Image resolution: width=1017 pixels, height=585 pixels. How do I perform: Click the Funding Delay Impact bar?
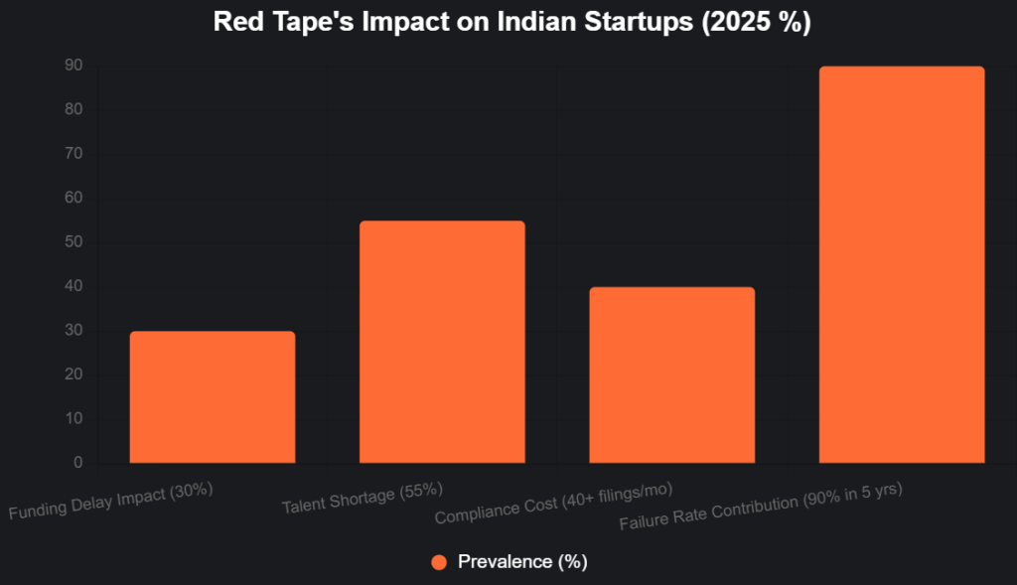[x=212, y=397]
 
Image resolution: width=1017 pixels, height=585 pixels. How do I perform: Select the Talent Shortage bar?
[x=442, y=342]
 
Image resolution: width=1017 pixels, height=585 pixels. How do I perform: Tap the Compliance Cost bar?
[x=672, y=375]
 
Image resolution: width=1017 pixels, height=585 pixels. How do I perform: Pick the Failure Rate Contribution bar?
[x=902, y=265]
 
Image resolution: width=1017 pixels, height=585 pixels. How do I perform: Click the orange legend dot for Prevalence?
[x=439, y=562]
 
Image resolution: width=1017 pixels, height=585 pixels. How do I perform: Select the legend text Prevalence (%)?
[x=522, y=562]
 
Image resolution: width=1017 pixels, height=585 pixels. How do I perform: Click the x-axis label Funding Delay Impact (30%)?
[x=111, y=503]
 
